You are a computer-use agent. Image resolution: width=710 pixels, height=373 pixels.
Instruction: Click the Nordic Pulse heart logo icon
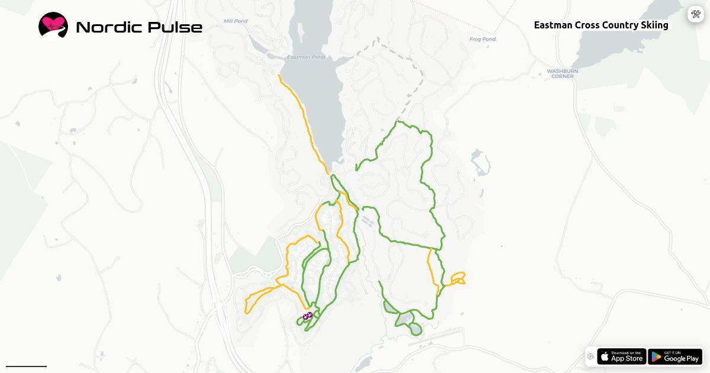point(53,26)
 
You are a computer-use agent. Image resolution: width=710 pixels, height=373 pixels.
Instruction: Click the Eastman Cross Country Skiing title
point(601,25)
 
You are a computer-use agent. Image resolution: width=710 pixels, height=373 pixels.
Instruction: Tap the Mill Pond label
point(235,21)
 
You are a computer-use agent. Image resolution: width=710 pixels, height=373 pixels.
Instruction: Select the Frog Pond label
point(482,39)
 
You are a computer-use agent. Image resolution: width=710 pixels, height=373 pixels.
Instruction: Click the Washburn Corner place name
point(562,73)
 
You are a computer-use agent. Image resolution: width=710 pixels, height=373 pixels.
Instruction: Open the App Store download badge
point(621,356)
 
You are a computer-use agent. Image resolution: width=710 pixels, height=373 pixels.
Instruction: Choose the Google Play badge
point(674,356)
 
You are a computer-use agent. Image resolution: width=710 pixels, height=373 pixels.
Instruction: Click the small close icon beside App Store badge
point(590,356)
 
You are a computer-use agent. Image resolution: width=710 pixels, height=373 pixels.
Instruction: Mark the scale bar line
point(26,366)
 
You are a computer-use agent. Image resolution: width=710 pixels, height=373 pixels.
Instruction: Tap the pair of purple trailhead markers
point(308,316)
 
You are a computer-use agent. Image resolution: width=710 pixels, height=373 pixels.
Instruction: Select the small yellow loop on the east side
point(458,278)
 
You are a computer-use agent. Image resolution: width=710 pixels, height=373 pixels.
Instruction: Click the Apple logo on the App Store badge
point(605,356)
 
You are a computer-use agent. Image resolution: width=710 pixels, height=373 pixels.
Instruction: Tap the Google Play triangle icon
point(656,356)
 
